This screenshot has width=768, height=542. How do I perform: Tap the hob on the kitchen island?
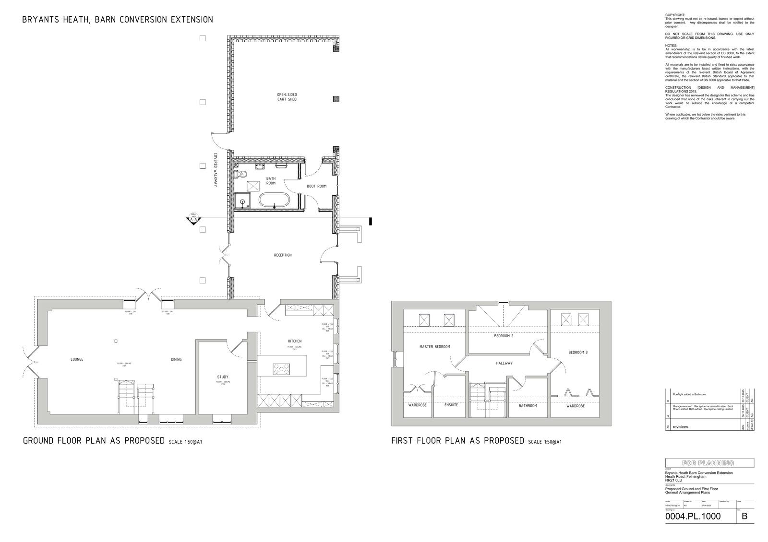click(281, 369)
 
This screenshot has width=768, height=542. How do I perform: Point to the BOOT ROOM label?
click(316, 186)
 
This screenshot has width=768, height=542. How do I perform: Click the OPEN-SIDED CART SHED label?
click(287, 96)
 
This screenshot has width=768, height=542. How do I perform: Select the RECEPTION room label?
click(282, 255)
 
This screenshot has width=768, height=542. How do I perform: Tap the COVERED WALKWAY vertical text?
click(216, 170)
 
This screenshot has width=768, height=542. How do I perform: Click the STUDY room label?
click(223, 377)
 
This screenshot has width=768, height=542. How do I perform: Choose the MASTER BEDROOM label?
click(434, 346)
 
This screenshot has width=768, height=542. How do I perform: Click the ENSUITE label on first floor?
click(451, 405)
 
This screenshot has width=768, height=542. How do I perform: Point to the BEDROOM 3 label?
click(578, 352)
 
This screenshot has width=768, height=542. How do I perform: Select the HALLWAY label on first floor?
click(504, 363)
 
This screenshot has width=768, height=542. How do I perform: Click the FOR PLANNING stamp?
click(708, 463)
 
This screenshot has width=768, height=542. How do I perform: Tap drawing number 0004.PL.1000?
click(693, 517)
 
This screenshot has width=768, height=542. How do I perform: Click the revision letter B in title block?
click(744, 516)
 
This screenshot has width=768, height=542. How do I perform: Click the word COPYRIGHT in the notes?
click(675, 15)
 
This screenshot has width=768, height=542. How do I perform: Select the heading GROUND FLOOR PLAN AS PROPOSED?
click(94, 441)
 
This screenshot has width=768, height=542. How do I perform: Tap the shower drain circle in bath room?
click(242, 202)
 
